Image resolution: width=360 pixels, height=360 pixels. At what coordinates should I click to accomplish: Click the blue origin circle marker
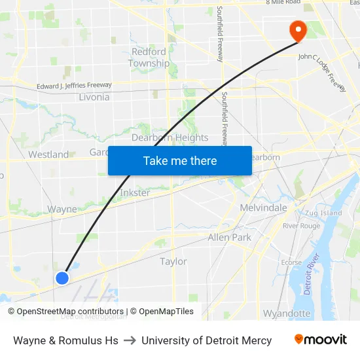pos(62,278)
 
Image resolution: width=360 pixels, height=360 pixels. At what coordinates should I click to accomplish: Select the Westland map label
pos(48,154)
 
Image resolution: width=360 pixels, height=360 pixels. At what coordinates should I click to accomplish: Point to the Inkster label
pos(135,193)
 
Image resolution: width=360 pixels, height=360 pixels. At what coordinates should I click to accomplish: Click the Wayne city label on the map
pos(62,209)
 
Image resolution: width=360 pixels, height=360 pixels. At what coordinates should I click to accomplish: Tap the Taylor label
pos(173,261)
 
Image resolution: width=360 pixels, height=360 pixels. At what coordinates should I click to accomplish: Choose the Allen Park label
pos(229,238)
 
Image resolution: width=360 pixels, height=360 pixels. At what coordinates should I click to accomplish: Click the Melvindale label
pos(264,207)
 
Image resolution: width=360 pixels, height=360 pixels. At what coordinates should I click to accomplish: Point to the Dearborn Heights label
pos(170,137)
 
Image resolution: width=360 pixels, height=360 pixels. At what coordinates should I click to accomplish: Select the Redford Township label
pos(149,58)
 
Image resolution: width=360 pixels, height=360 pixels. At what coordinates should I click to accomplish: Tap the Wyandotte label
pos(287,314)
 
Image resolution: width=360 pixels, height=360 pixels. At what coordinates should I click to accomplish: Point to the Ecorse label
pos(291,262)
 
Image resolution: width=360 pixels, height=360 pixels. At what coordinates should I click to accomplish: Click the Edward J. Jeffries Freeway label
pos(74,85)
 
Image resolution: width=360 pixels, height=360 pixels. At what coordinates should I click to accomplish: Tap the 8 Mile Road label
pos(283,3)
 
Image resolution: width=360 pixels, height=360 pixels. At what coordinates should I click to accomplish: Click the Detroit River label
pos(315,271)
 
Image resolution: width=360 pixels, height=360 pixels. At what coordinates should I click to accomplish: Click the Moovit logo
pos(321,340)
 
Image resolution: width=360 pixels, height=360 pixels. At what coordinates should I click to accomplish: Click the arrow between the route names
pos(130,340)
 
